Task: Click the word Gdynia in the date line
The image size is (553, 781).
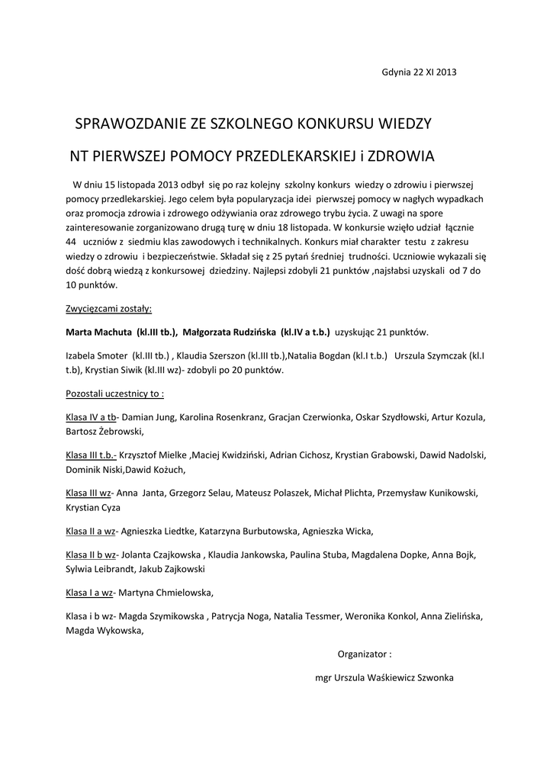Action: point(396,72)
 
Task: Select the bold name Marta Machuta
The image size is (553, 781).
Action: point(98,333)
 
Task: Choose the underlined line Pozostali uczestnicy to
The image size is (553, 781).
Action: point(114,394)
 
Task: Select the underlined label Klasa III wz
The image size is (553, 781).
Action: point(88,493)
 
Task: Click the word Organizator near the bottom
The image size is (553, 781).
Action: point(362,654)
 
